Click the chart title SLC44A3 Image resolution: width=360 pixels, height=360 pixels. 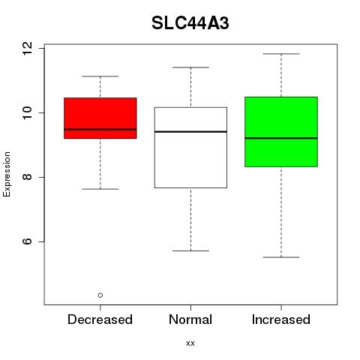coord(190,23)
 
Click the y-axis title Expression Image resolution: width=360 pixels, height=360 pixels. coord(7,174)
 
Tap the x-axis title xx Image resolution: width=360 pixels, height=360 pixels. coord(190,343)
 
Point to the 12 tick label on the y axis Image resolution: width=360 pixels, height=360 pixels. coord(27,48)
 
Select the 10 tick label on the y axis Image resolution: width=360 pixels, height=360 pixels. coord(27,112)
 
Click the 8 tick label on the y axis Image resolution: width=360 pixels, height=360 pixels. coord(27,177)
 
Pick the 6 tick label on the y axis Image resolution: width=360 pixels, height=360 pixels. coord(27,241)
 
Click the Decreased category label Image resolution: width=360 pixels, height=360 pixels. coord(100,319)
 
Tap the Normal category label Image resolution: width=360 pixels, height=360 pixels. coord(190,319)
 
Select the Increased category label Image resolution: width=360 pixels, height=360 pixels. coord(281,319)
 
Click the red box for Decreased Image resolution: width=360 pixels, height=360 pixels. coord(100,118)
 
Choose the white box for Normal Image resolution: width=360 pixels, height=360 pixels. coord(190,148)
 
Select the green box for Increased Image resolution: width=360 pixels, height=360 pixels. coord(281,132)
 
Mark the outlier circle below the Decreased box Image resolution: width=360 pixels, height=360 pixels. coord(100,295)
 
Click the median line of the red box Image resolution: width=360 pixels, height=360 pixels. coord(100,130)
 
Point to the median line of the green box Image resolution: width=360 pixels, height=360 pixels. coord(281,138)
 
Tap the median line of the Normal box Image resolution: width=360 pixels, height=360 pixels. coord(190,131)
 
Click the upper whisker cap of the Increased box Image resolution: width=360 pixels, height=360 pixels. coord(281,54)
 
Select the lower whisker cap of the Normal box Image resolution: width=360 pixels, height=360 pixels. coord(190,250)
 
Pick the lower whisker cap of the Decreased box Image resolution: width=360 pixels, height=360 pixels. coord(100,189)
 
